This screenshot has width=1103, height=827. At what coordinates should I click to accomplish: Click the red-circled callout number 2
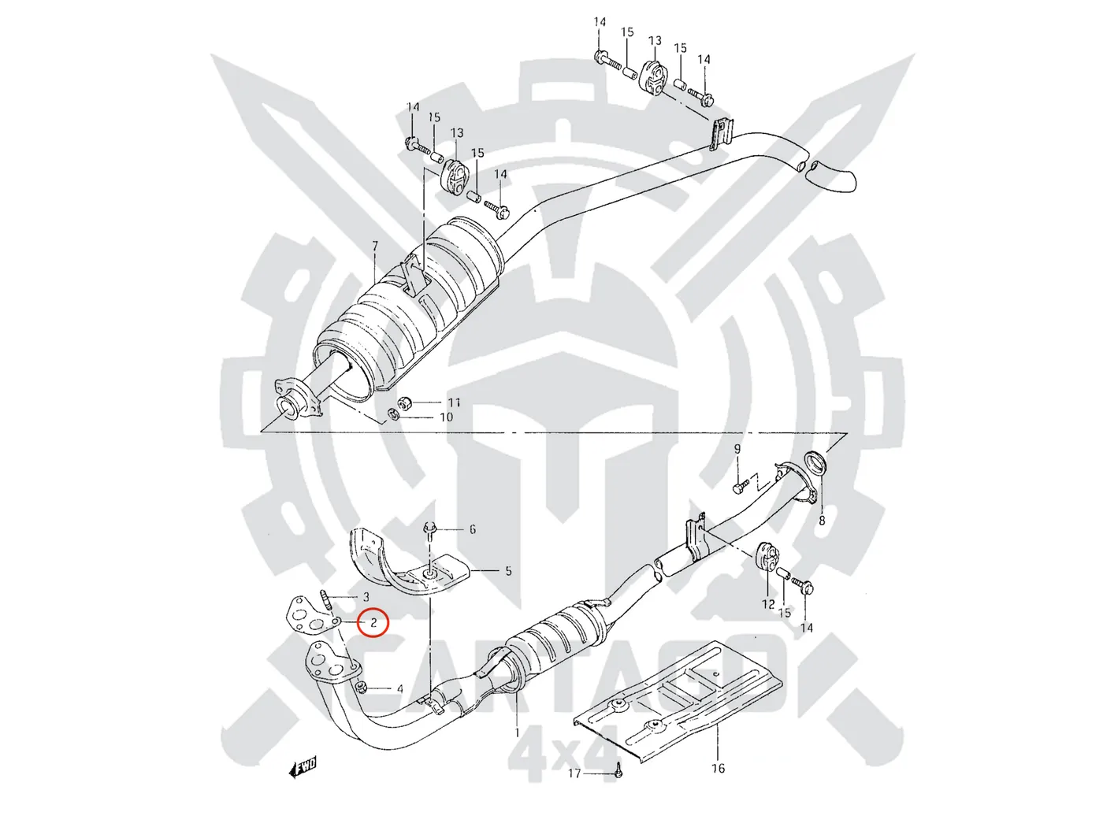373,623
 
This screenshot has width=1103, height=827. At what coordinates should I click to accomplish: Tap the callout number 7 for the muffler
375,247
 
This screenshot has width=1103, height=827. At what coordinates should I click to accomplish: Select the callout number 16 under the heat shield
718,768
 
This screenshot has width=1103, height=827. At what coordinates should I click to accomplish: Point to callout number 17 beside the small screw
574,773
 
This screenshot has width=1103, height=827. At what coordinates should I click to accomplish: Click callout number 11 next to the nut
454,402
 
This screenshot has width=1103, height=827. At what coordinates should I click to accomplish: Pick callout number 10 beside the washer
446,417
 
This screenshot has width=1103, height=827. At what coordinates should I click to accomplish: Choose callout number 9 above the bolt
737,450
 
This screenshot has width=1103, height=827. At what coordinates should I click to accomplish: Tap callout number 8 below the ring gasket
822,521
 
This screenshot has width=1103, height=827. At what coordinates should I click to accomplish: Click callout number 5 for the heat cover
508,570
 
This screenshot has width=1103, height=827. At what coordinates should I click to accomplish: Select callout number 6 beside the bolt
473,529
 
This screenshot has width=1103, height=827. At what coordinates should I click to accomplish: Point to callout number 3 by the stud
366,597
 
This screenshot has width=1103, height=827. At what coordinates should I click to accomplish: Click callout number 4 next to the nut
400,689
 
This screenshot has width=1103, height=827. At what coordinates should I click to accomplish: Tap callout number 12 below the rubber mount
768,604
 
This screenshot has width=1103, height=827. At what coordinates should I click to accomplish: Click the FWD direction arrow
303,766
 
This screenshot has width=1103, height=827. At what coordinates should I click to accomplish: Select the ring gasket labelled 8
815,464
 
